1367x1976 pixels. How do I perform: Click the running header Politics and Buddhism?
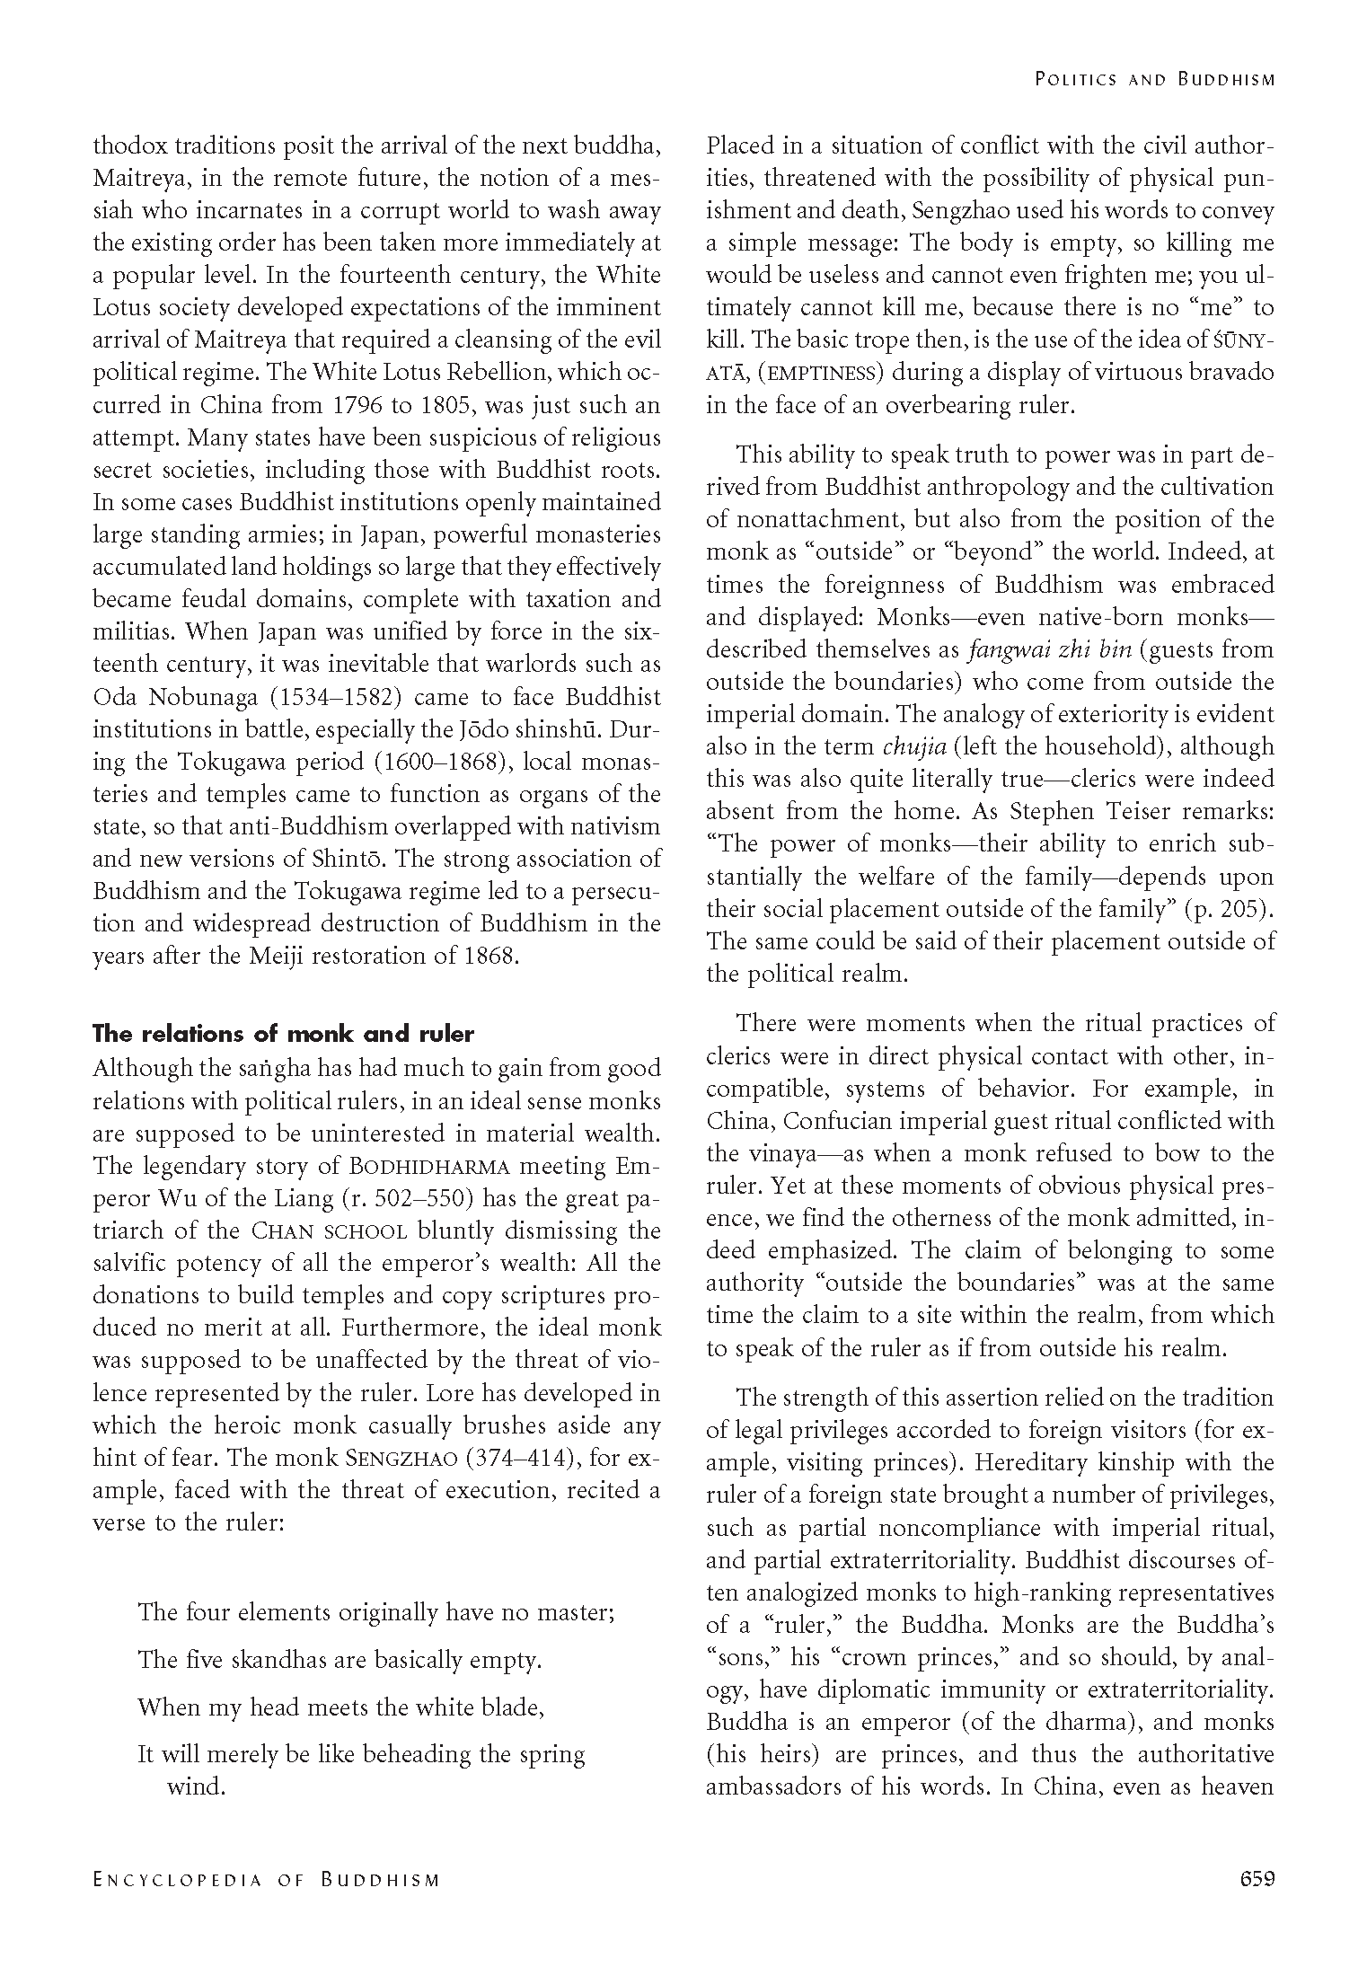click(x=1154, y=79)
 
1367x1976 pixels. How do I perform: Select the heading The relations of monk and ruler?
click(x=283, y=1034)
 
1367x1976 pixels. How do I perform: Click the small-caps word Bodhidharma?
click(x=428, y=1167)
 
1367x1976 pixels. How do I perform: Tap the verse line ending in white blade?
click(x=341, y=1707)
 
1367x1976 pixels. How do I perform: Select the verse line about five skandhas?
click(x=340, y=1660)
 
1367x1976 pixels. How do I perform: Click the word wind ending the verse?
click(x=195, y=1786)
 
